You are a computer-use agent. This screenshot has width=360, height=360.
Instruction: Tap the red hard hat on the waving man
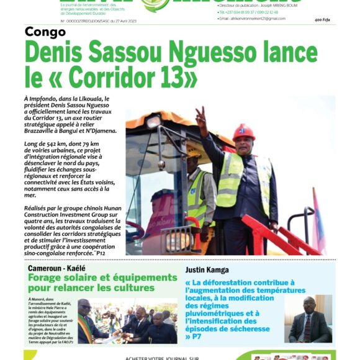click(x=243, y=132)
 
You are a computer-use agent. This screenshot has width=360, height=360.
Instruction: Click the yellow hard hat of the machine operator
click(x=194, y=153)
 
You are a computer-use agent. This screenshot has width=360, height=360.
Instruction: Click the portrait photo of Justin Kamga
click(x=308, y=318)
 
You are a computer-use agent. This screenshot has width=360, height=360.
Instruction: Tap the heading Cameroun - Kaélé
click(x=56, y=268)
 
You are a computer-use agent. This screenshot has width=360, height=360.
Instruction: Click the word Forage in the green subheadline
click(x=49, y=277)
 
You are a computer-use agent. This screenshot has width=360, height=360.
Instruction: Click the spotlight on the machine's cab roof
click(x=154, y=122)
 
